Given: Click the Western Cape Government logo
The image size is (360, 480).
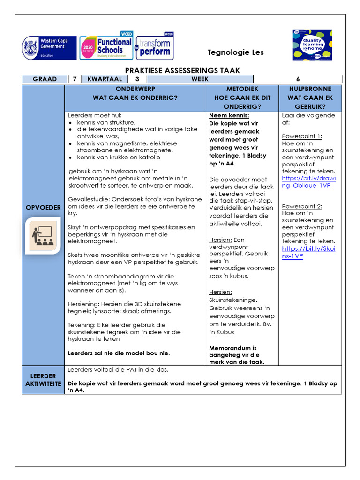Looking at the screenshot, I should click(x=49, y=48).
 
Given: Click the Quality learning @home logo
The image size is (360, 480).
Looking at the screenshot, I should click(x=312, y=45).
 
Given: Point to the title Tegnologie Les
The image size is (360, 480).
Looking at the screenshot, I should click(x=235, y=52).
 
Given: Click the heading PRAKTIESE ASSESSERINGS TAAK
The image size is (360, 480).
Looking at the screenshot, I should click(x=182, y=70).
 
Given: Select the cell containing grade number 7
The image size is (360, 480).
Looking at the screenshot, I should click(x=75, y=79).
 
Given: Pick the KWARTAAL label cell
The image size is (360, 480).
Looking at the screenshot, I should click(x=105, y=79).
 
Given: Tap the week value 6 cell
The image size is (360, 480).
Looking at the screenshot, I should click(x=298, y=79).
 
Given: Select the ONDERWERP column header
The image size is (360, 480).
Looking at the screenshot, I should click(x=135, y=93).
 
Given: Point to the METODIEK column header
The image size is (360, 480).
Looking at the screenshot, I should click(x=242, y=97).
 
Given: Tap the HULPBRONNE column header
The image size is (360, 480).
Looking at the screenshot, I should click(x=310, y=97).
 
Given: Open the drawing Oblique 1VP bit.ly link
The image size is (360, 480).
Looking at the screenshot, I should click(x=308, y=182).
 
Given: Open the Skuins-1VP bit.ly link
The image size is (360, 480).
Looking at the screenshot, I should click(x=308, y=252).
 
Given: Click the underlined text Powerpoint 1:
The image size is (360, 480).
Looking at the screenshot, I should click(x=302, y=136).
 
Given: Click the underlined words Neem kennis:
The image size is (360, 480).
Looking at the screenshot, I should click(x=229, y=116).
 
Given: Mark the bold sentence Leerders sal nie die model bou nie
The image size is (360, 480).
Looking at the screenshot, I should click(x=119, y=353).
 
